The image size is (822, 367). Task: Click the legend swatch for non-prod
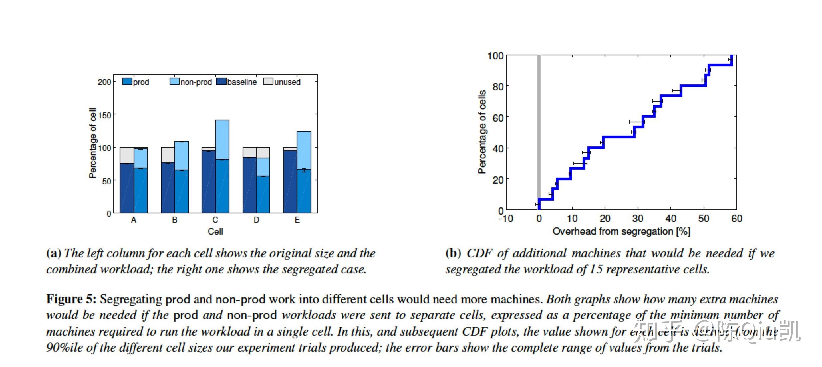coord(175,82)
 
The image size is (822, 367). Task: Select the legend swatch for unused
coord(268,82)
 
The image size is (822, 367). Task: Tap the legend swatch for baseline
coord(221,82)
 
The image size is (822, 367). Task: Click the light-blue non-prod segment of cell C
coord(222,140)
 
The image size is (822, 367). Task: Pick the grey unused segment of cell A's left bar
coord(127,155)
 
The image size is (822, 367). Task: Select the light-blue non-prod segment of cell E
coord(304,150)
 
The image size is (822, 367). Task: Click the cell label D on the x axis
coord(256,220)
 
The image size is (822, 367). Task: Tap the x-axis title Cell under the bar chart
coord(215,232)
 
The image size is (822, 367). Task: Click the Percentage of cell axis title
coord(93,143)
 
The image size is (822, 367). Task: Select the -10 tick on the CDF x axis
coord(506,219)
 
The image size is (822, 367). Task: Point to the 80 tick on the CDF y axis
coord(498,86)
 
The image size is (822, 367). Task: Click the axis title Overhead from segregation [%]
coord(621,232)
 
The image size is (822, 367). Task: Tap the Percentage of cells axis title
coord(482,132)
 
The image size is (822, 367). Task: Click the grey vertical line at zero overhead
coord(539,126)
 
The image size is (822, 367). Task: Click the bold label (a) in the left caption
coord(54,253)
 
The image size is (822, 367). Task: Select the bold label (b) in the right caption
coord(453,253)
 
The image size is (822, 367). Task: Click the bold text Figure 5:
coord(71,299)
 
